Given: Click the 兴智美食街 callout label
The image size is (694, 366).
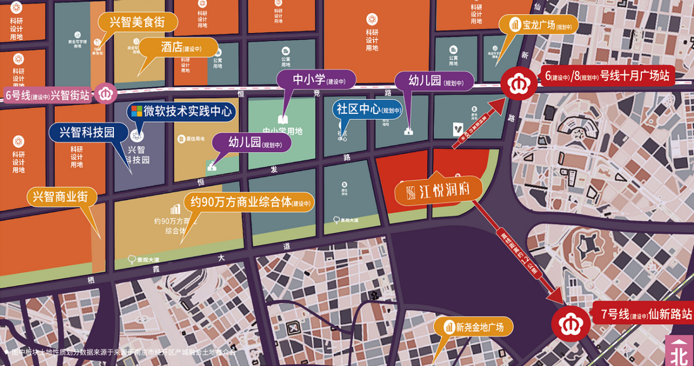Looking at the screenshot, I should tap(138, 23).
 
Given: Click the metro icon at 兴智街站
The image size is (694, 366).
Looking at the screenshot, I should tap(106, 93).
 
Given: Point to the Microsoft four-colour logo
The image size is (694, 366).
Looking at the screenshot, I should tap(136, 110).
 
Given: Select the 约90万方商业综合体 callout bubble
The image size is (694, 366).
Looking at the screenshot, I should tap(249, 202).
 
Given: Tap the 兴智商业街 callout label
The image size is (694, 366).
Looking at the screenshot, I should tap(62, 197).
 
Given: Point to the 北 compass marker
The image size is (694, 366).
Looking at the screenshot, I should tap(680, 350).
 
